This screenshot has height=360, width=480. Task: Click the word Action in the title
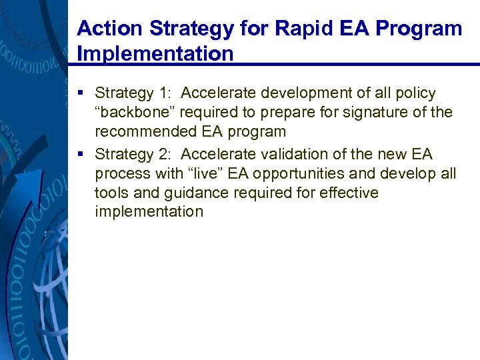click(108, 29)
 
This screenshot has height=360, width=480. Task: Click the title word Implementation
click(155, 53)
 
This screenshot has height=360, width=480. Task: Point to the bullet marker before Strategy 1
click(81, 93)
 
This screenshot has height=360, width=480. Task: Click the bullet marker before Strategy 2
click(81, 155)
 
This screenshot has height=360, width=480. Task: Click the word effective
click(347, 193)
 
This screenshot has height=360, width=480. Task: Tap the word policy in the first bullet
click(411, 93)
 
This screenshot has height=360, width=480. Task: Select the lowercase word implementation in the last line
click(149, 212)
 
